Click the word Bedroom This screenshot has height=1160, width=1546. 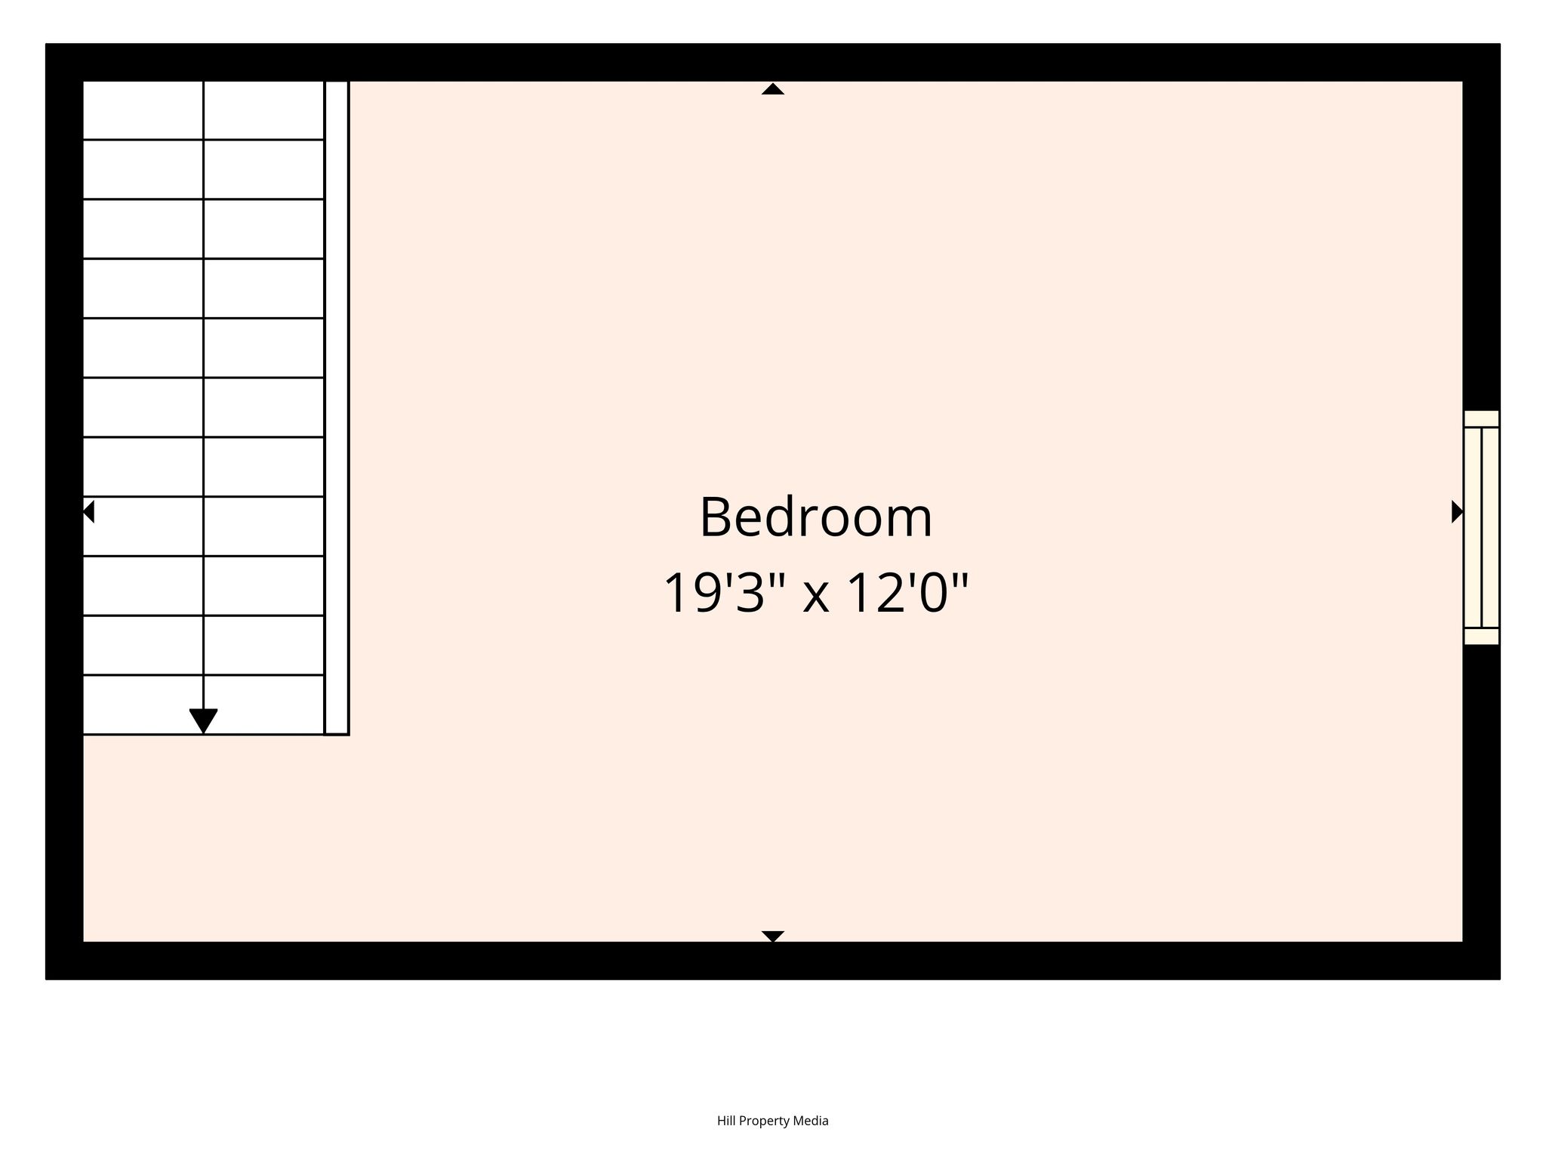pos(816,517)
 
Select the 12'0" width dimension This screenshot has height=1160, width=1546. pos(908,593)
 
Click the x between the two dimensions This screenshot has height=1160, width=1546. pos(815,598)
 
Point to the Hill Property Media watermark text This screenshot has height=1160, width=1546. pos(772,1121)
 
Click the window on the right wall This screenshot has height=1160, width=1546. pos(1481,527)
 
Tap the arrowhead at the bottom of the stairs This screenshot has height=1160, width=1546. pos(203,721)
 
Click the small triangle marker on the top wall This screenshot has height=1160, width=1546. pos(772,88)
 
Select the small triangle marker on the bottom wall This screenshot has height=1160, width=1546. pos(772,936)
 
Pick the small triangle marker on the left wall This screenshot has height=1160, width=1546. pos(88,511)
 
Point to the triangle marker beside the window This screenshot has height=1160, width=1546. pos(1458,511)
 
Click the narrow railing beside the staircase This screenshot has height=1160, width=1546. pos(337,408)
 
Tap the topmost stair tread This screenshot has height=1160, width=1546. pos(204,110)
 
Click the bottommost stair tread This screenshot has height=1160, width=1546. pos(204,705)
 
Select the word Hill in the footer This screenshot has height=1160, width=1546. pos(725,1120)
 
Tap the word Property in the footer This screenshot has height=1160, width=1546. pos(765,1121)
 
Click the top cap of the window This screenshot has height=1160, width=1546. pos(1481,419)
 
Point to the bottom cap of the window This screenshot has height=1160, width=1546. pos(1481,637)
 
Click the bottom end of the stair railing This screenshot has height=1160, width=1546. pos(337,733)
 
